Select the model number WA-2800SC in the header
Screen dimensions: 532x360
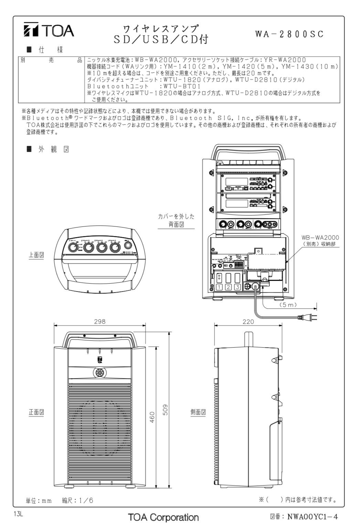[289, 34]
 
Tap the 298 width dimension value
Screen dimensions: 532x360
[100, 321]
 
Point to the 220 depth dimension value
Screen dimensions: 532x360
[248, 321]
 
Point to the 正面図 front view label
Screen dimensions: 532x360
[36, 412]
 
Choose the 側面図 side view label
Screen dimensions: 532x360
[198, 412]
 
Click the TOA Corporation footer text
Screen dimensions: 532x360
[163, 517]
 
